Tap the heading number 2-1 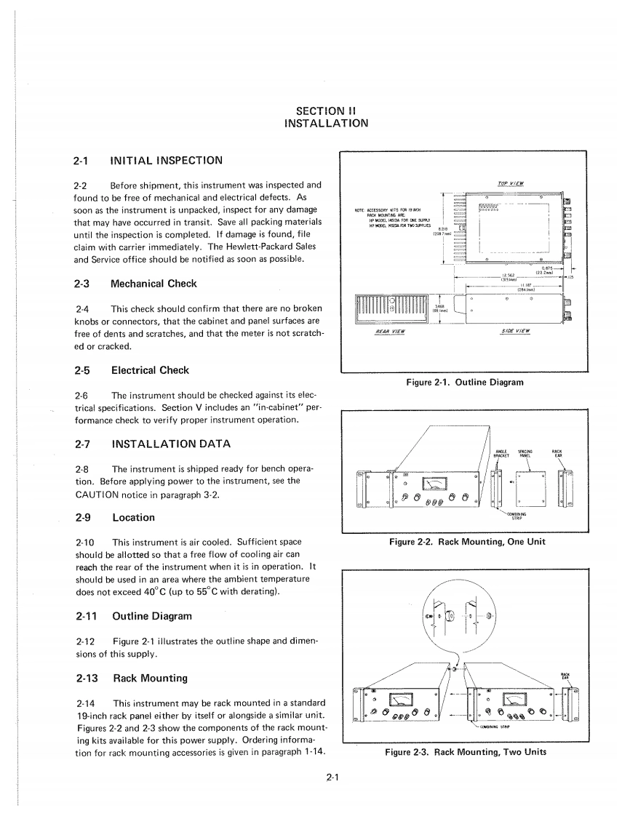click(84, 159)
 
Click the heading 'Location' click(134, 517)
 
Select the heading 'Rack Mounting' click(150, 678)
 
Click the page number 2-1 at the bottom click(333, 777)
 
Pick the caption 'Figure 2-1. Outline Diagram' click(463, 383)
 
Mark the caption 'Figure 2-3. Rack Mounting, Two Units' click(463, 752)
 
